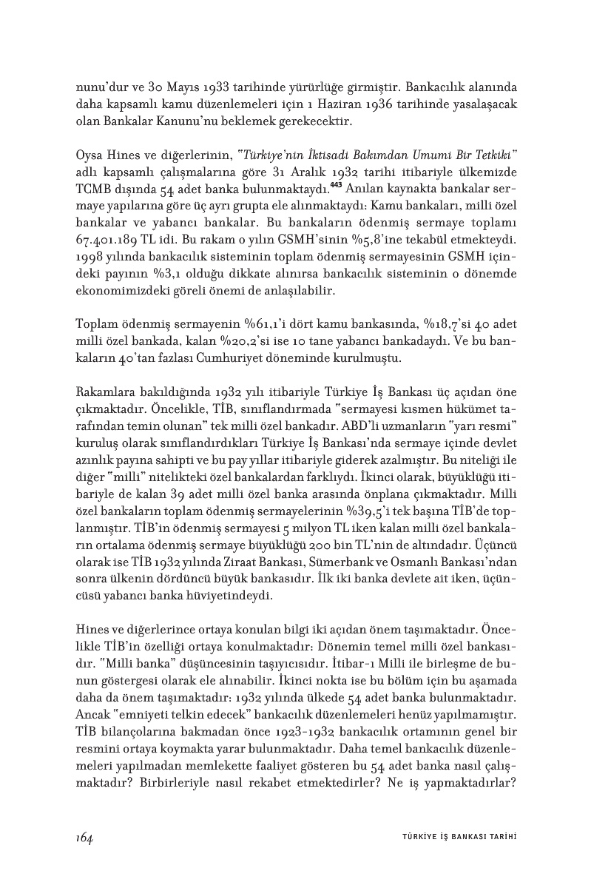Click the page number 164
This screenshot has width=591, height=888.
click(83, 838)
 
